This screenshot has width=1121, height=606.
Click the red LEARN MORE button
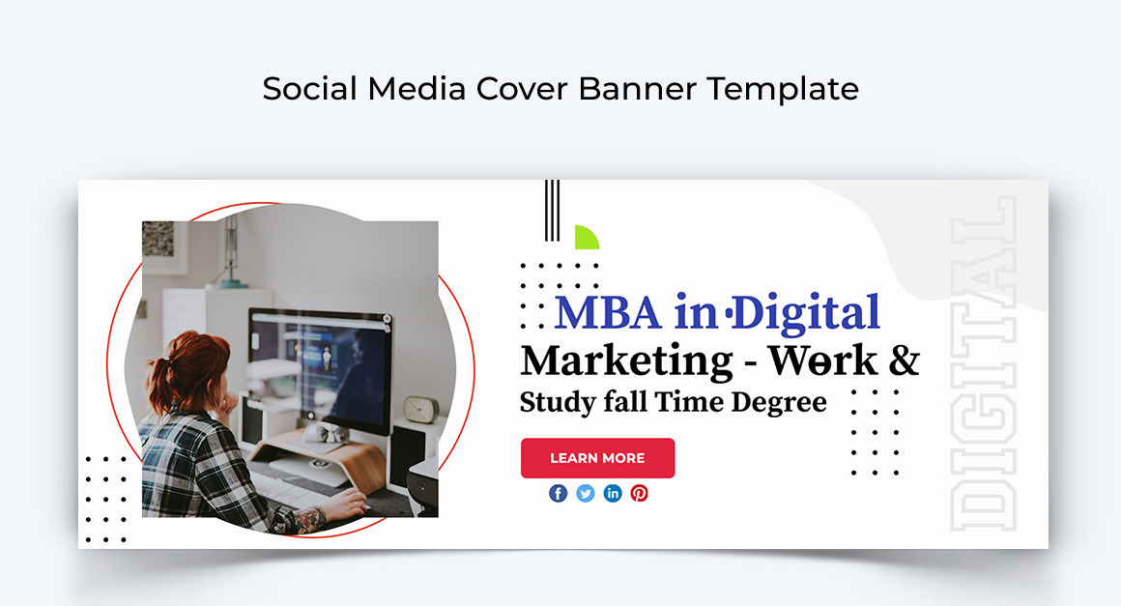tap(597, 458)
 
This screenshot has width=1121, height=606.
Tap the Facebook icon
tap(559, 493)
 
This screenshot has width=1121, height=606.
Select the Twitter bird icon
tap(586, 493)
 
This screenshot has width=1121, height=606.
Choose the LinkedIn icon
tap(613, 493)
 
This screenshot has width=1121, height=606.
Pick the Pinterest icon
tap(640, 493)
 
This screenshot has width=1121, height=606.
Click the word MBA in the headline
tap(609, 313)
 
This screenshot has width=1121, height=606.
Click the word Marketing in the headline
tap(627, 361)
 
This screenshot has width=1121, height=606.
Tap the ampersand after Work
tap(905, 361)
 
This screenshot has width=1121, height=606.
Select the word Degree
tap(779, 402)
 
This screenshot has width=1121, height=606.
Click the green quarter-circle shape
tap(587, 237)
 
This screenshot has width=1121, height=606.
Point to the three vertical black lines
tap(552, 210)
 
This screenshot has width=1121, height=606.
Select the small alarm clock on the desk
tap(421, 410)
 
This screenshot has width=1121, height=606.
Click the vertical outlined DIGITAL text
tap(984, 363)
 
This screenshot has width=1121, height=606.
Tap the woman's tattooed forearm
tap(306, 520)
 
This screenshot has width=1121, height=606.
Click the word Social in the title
tap(309, 89)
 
